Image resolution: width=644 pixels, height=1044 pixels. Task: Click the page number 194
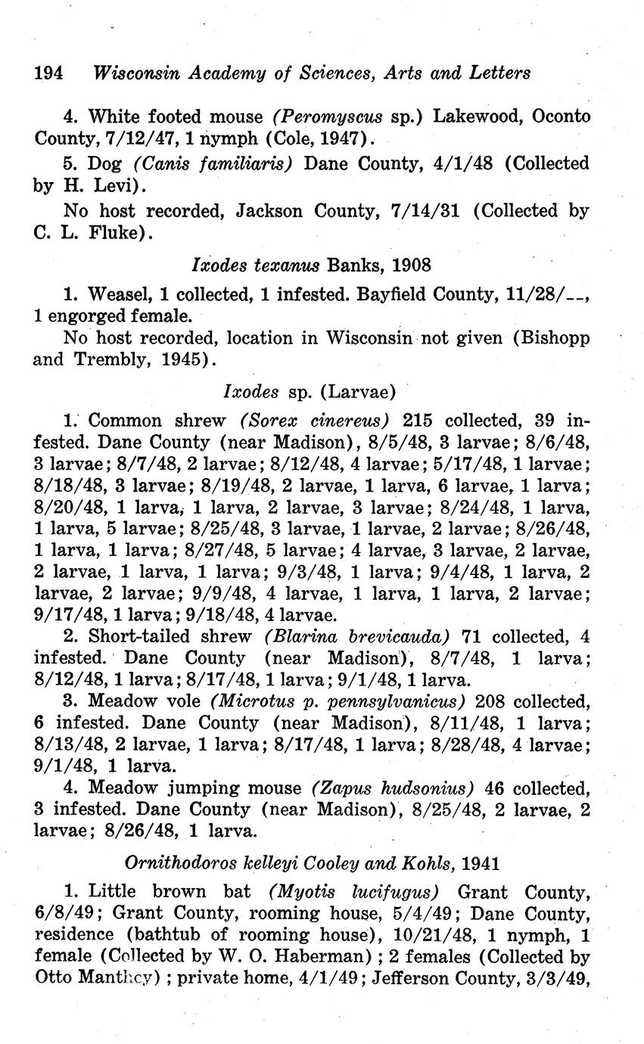pyautogui.click(x=48, y=73)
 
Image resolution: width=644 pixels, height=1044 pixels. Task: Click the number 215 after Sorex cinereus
pyautogui.click(x=418, y=420)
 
